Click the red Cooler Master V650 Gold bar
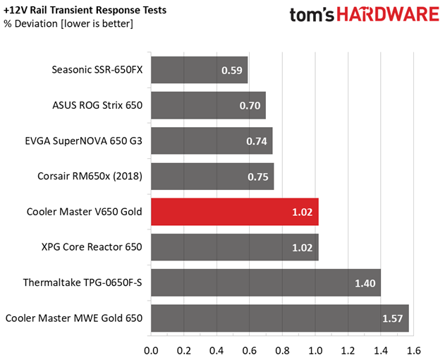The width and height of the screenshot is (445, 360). click(x=235, y=212)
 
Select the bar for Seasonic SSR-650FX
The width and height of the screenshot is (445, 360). click(x=200, y=70)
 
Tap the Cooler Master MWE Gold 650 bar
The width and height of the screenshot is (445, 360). click(x=280, y=318)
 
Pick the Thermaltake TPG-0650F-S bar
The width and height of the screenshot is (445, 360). click(x=266, y=283)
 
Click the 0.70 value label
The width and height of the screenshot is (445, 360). click(x=250, y=106)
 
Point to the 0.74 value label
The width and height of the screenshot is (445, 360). click(x=257, y=141)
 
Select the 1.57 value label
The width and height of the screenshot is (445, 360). click(x=393, y=318)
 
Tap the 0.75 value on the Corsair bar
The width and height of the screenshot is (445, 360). click(x=258, y=176)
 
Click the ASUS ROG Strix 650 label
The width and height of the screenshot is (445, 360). click(x=97, y=105)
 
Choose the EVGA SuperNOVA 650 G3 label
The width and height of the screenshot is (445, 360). click(x=84, y=141)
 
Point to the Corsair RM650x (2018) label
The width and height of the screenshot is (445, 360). click(x=90, y=176)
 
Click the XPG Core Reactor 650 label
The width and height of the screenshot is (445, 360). click(x=92, y=247)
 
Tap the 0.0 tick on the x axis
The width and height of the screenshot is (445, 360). click(x=151, y=351)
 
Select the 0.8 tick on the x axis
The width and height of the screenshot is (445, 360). click(x=282, y=351)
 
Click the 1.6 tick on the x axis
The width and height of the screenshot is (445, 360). click(x=414, y=351)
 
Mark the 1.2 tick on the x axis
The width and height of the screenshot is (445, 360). click(x=348, y=351)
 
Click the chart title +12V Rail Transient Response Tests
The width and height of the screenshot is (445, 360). click(x=85, y=10)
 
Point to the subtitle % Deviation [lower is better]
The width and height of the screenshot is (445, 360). click(x=68, y=23)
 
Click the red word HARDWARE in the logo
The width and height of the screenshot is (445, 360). click(x=388, y=15)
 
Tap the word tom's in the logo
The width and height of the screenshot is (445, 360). click(x=312, y=15)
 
